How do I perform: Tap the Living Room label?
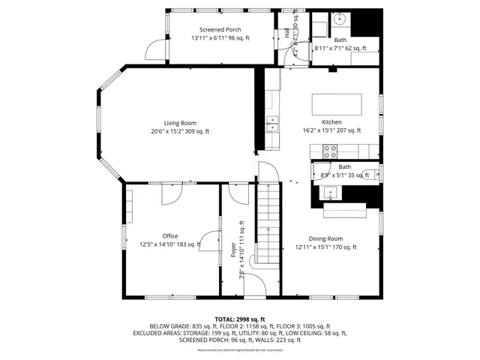click(180, 123)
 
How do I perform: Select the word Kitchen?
click(331, 121)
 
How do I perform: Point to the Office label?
click(170, 236)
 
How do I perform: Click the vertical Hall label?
click(287, 32)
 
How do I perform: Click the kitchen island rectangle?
click(336, 103)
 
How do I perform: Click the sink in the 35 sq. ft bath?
click(331, 193)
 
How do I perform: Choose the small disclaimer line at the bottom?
click(239, 350)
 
